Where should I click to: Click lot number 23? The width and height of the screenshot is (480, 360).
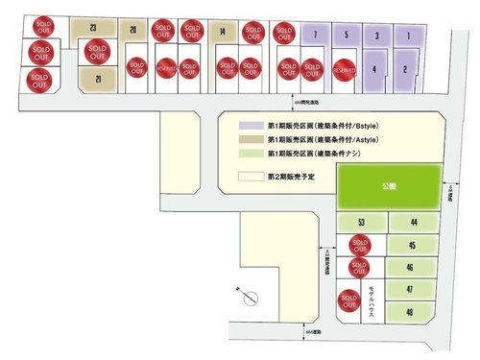pyautogui.click(x=92, y=29)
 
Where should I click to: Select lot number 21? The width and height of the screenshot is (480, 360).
pyautogui.click(x=97, y=80)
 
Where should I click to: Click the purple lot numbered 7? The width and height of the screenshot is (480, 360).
pyautogui.click(x=315, y=36)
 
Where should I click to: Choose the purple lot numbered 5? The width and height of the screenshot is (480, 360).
pyautogui.click(x=346, y=36)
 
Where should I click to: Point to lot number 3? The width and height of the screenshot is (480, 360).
pyautogui.click(x=377, y=36)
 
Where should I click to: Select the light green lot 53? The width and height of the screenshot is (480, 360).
pyautogui.click(x=361, y=223)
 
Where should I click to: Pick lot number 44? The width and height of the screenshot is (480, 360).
pyautogui.click(x=412, y=223)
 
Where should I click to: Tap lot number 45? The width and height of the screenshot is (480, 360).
pyautogui.click(x=410, y=245)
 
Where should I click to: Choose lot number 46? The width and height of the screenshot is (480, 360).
pyautogui.click(x=410, y=268)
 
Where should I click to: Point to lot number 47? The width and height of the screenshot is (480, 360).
pyautogui.click(x=410, y=290)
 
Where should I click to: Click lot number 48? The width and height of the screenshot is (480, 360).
pyautogui.click(x=410, y=312)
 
